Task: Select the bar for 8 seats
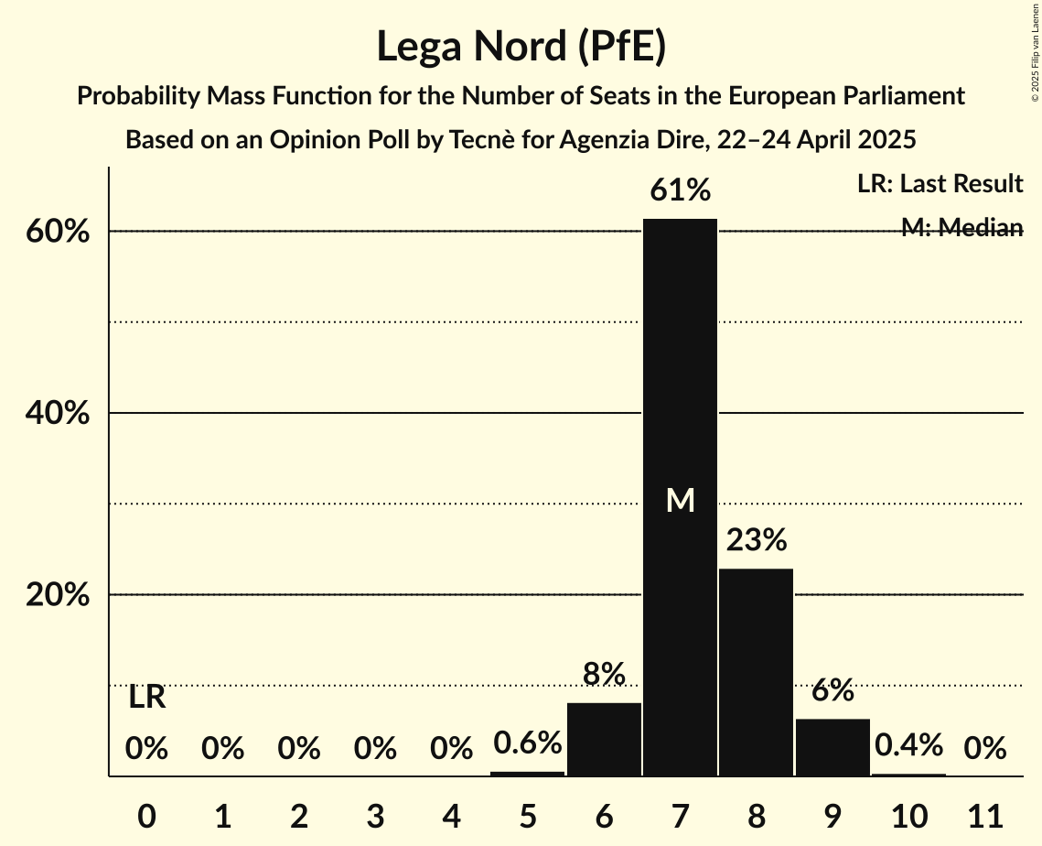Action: tap(756, 672)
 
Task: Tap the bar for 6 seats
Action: tap(604, 739)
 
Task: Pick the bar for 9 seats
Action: tap(833, 747)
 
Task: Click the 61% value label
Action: tap(680, 191)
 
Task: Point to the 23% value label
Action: tap(756, 541)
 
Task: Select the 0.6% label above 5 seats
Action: tap(528, 743)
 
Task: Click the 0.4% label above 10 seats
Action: tap(908, 745)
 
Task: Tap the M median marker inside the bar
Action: tap(680, 500)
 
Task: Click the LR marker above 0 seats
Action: tap(146, 698)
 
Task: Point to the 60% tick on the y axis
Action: tap(57, 232)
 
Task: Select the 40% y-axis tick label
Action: tap(57, 414)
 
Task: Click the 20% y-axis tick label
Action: tap(57, 595)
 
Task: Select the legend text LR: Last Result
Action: tap(940, 184)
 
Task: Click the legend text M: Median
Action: tap(961, 228)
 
